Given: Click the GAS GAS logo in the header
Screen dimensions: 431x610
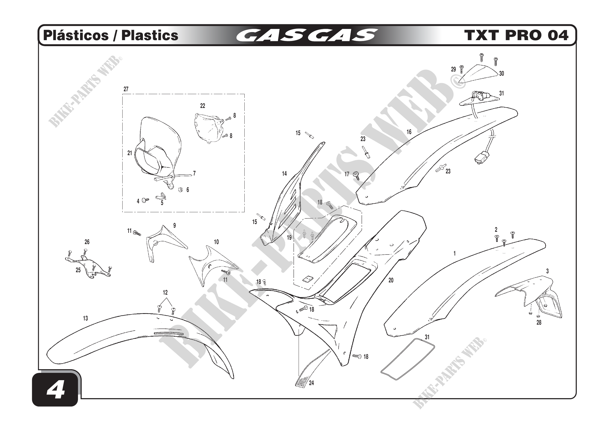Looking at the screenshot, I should click(x=307, y=35).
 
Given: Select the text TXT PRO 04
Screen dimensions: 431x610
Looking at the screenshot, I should click(x=516, y=35).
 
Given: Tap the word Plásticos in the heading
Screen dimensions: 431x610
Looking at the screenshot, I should click(x=76, y=35).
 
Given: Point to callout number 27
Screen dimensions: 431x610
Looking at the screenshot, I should click(x=126, y=89).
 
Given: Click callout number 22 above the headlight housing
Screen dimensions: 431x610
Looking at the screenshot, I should click(x=202, y=106).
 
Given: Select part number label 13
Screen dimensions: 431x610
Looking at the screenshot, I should click(x=85, y=318).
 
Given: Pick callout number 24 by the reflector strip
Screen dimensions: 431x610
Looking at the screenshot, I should click(x=311, y=383).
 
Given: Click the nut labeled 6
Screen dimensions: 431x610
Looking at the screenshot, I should click(x=180, y=189).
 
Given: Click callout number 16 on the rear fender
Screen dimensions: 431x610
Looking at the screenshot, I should click(x=409, y=132).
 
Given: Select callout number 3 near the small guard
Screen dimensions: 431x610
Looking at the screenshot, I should click(x=547, y=271).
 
